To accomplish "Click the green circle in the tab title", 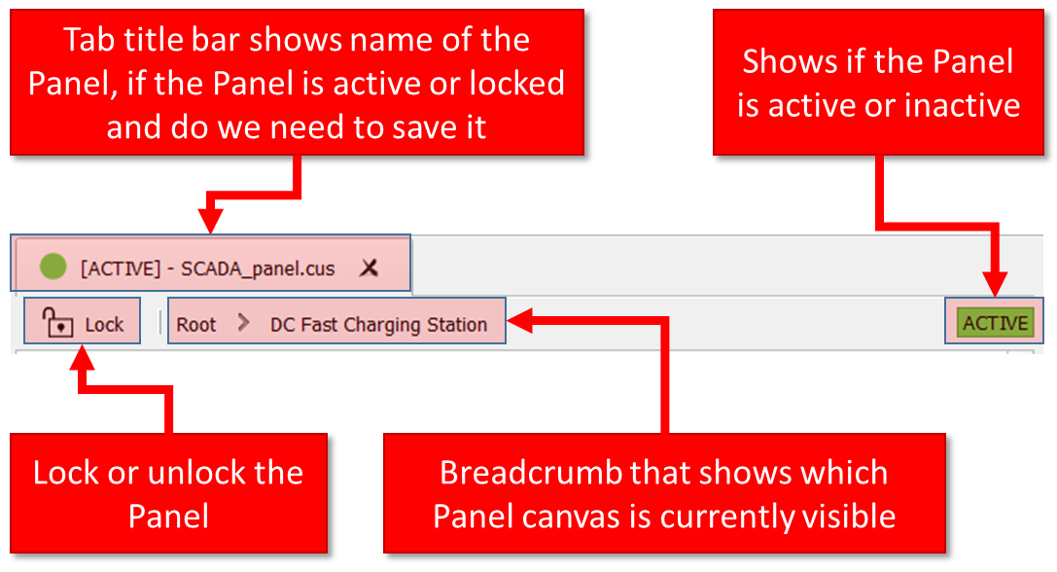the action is pos(53,267).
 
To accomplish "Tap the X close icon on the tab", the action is pos(369,268).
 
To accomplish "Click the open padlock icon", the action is pos(57,322).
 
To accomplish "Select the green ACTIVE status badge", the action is pos(995,323).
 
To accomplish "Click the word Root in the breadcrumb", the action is pos(196,325).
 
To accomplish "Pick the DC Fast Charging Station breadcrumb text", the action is pos(378,325).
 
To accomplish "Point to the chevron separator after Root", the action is pos(243,323).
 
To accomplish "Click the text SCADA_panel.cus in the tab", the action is pos(258,268).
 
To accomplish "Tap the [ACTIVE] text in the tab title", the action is pos(121,268).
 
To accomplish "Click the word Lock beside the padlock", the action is pos(104,325).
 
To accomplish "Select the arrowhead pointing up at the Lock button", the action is pos(83,358).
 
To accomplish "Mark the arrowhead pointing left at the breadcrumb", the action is pos(520,320).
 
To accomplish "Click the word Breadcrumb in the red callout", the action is pos(530,473).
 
